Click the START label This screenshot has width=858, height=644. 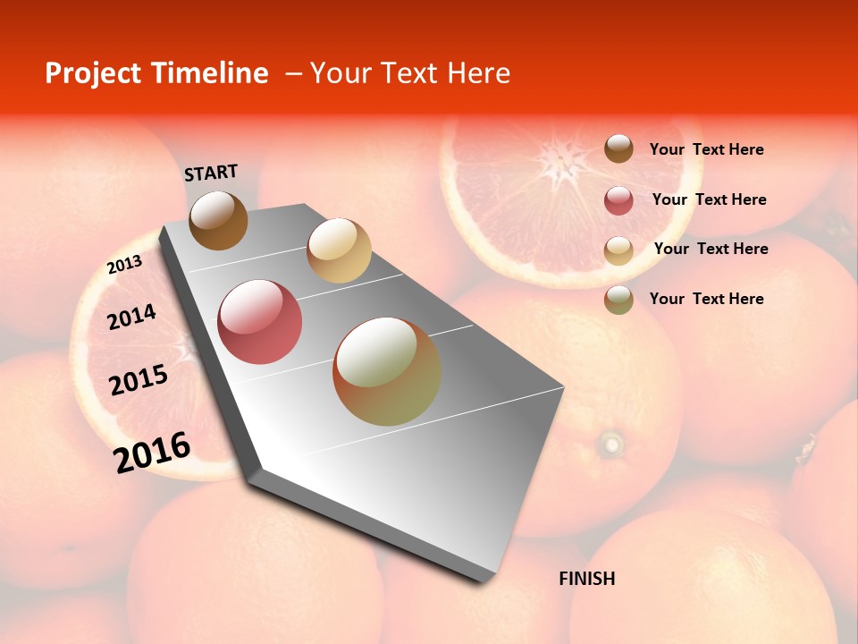coord(211,173)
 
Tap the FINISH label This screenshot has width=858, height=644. coord(586,579)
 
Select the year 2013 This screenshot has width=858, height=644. coord(124,265)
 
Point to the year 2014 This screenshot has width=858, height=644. coord(131,318)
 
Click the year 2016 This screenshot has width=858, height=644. coord(152,453)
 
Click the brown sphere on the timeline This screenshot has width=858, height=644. coord(218,220)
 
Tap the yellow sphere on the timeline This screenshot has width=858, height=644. coord(339,250)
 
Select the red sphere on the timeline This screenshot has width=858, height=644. coord(260,322)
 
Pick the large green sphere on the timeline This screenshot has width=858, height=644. coord(387,371)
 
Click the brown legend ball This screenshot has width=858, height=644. coord(618,148)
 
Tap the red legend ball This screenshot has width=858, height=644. coord(618,200)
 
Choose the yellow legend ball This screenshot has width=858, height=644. coord(618,250)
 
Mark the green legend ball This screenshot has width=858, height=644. coord(618,300)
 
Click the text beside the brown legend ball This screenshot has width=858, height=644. coord(706,149)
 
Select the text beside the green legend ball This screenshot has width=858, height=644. coord(706,299)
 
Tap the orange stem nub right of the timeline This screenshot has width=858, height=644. coord(612,443)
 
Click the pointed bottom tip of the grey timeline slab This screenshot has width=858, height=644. coord(483,580)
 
